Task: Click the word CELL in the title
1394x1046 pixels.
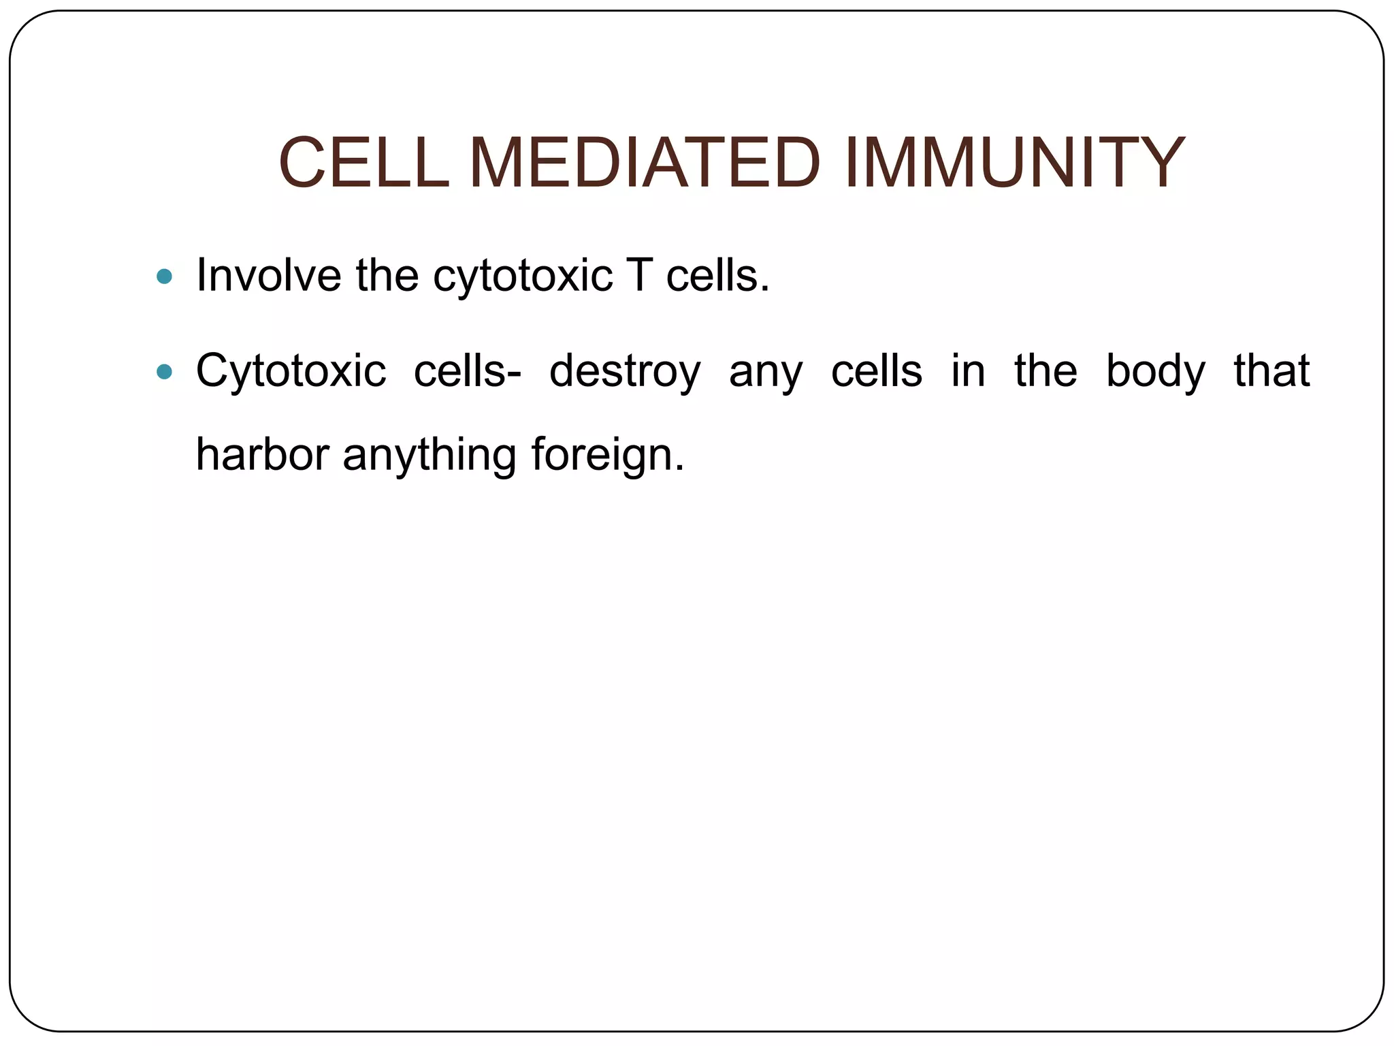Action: [x=364, y=163]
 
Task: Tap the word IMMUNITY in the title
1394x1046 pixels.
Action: [x=1014, y=163]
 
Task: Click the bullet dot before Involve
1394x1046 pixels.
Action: [x=164, y=276]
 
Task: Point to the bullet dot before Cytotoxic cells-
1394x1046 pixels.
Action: [x=164, y=372]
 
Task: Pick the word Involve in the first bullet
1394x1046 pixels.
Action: [x=268, y=275]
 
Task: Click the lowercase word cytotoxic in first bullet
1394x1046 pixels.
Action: [x=523, y=276]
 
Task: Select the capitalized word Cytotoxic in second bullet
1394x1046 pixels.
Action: [x=291, y=372]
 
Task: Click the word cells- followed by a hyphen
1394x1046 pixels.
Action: [x=468, y=370]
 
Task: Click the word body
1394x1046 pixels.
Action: [x=1155, y=372]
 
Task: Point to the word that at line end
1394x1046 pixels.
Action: [x=1271, y=370]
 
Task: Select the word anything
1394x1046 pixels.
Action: [x=429, y=456]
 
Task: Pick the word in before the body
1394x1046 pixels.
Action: [x=968, y=370]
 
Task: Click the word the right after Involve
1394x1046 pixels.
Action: [x=387, y=275]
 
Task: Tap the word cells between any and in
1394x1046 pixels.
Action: [x=877, y=370]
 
